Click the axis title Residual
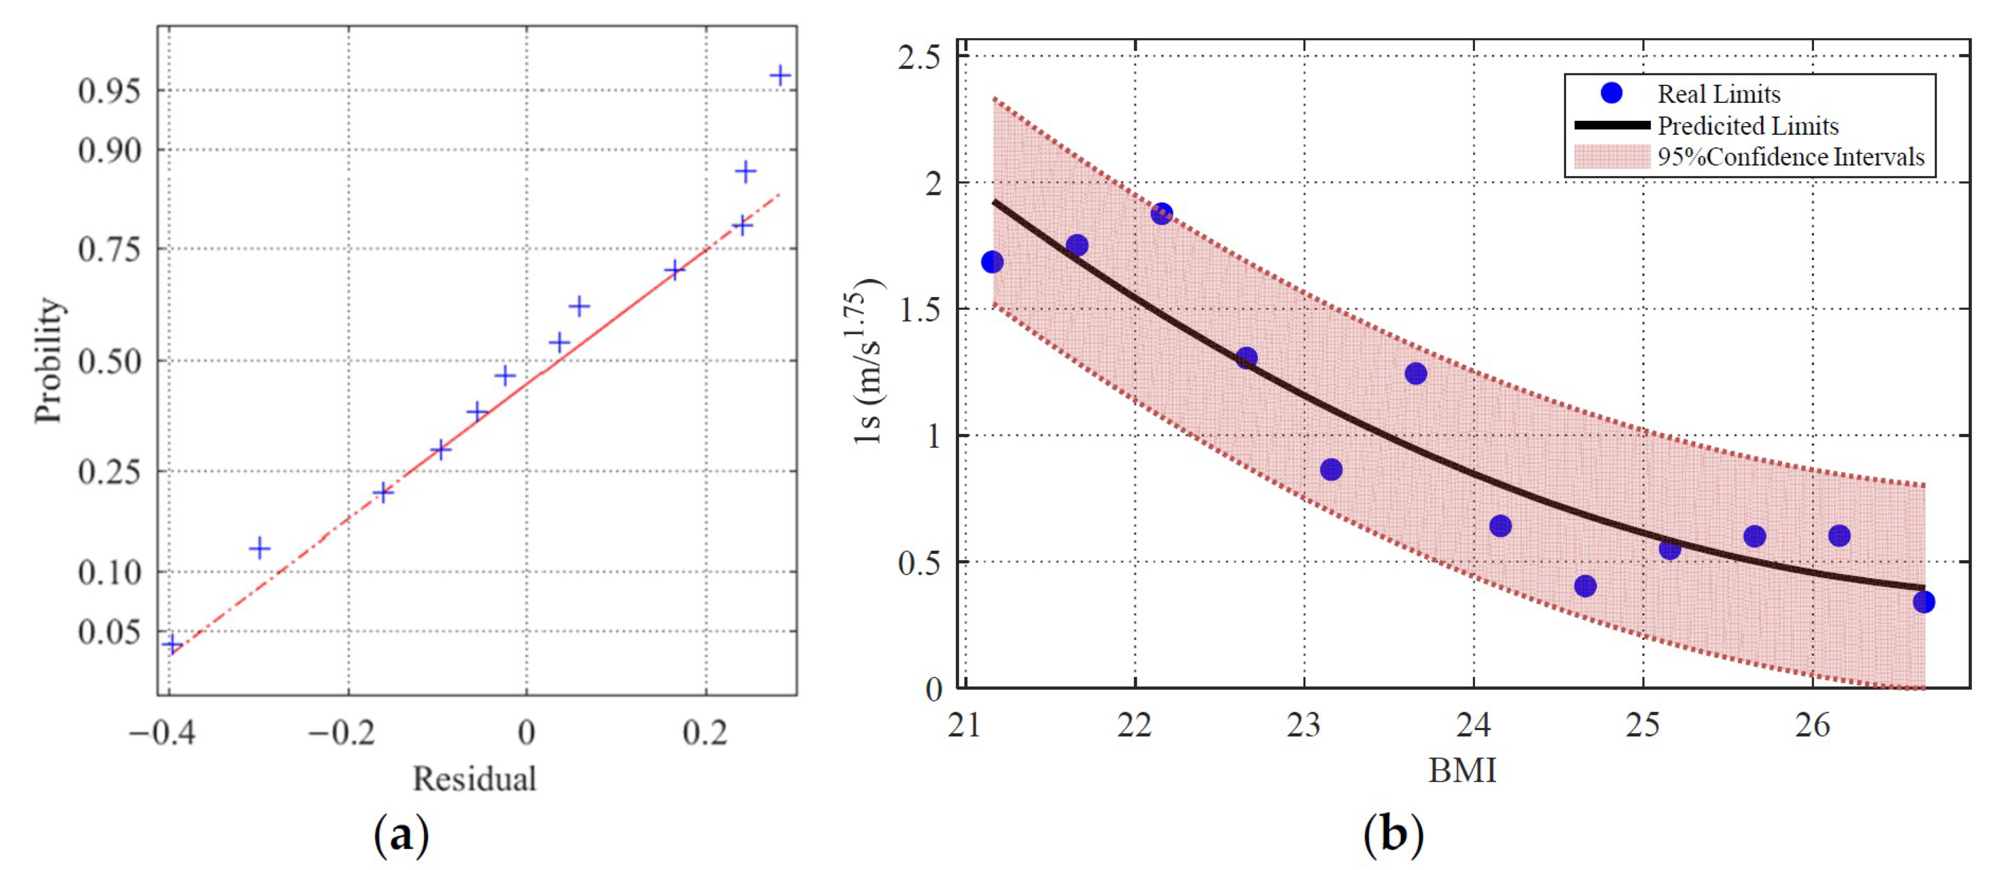click(x=474, y=778)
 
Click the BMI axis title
click(x=1462, y=770)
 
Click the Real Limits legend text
click(x=1719, y=94)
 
